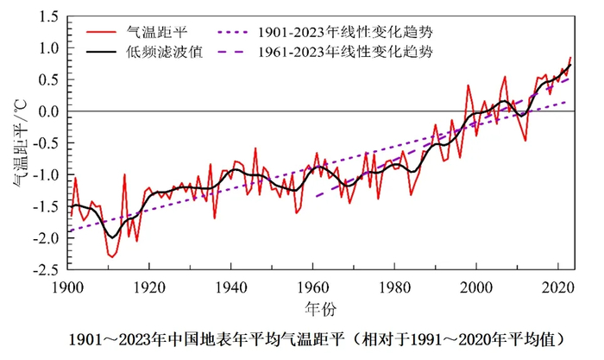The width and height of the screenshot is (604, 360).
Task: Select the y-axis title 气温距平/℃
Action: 19,143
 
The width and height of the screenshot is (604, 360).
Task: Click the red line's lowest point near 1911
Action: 112,256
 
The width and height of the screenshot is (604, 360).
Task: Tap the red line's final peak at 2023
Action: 570,57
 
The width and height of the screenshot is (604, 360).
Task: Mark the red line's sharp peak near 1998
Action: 468,85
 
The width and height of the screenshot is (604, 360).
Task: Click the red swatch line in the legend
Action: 106,32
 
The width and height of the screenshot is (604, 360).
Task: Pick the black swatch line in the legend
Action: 106,52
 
